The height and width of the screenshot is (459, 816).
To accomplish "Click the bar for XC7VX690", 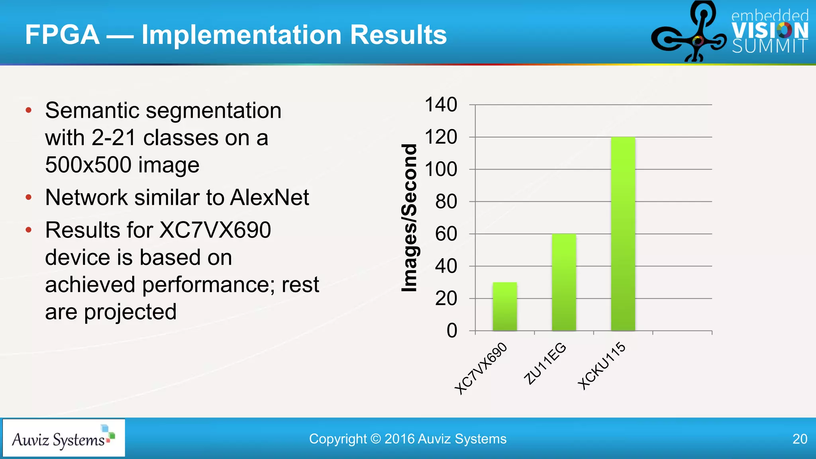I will tap(504, 306).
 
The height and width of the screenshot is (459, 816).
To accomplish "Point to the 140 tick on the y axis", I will tap(441, 105).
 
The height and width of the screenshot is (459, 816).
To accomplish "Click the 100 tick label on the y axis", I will tap(441, 169).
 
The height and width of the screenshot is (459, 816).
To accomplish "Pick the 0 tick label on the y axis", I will tap(451, 331).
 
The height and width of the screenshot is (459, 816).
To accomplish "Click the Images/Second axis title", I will tap(409, 218).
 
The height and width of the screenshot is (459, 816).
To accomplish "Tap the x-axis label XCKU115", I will tap(602, 365).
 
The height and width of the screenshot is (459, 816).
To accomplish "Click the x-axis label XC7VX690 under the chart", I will tap(481, 368).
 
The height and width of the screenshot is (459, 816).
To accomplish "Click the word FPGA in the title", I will tap(62, 35).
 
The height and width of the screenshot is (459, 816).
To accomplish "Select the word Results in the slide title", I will tap(398, 35).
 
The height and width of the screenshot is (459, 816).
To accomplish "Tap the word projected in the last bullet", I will tap(130, 312).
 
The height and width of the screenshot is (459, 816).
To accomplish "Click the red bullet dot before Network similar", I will tap(28, 197).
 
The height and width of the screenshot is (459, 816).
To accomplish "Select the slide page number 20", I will tap(799, 439).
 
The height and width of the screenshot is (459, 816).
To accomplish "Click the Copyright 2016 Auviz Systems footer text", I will tap(408, 439).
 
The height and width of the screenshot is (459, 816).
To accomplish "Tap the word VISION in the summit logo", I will tap(769, 30).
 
